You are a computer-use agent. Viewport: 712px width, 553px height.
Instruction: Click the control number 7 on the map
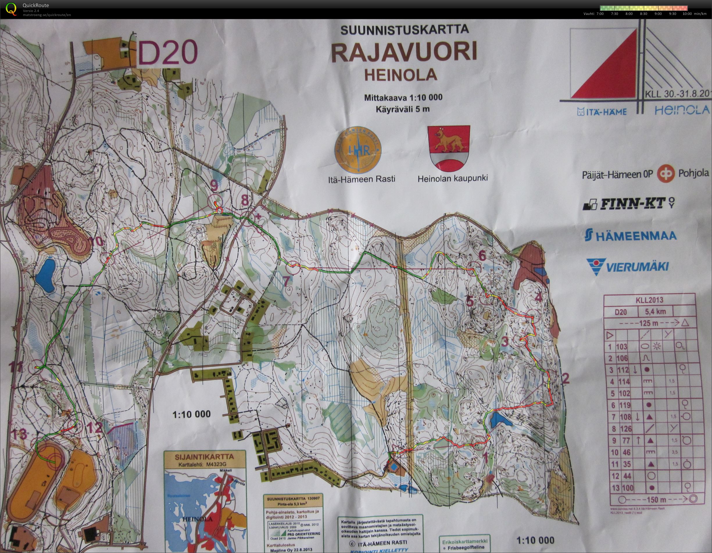click(x=286, y=282)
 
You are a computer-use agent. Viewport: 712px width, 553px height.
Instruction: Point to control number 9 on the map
click(x=214, y=186)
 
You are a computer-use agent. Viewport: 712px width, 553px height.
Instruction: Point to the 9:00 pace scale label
click(x=658, y=14)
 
